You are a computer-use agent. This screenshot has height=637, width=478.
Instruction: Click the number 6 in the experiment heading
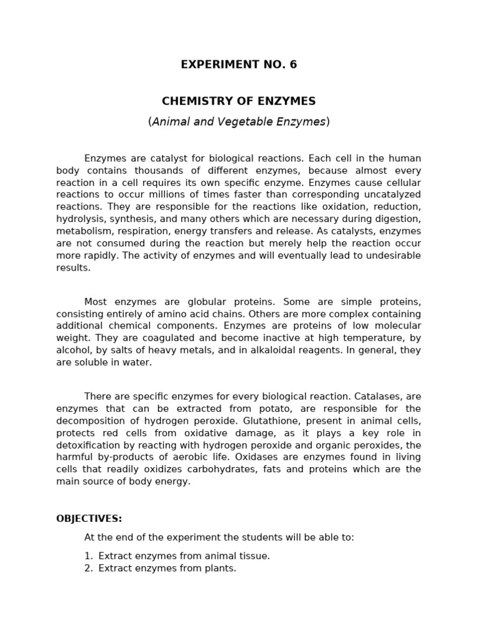tap(293, 65)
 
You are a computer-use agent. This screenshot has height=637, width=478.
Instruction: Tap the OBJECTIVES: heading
tap(89, 519)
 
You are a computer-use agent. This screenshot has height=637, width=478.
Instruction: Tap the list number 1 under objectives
tap(88, 556)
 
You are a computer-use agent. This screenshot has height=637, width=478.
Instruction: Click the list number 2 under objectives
tap(88, 569)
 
